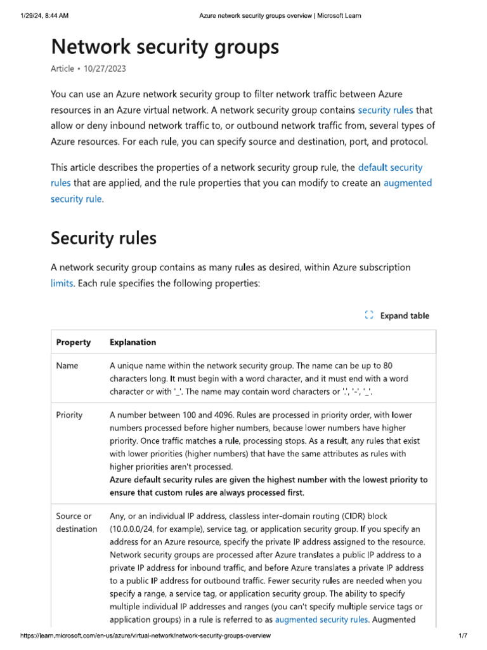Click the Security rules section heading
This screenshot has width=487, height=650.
pyautogui.click(x=103, y=238)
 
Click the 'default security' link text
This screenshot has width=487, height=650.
pyautogui.click(x=390, y=168)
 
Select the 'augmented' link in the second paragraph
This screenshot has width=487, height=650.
pyautogui.click(x=408, y=183)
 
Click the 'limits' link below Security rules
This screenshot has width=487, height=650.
pyautogui.click(x=62, y=283)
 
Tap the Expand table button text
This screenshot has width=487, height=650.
pyautogui.click(x=405, y=315)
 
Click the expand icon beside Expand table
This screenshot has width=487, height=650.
pyautogui.click(x=369, y=315)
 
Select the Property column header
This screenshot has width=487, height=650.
pyautogui.click(x=74, y=342)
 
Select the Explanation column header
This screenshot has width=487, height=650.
pyautogui.click(x=133, y=342)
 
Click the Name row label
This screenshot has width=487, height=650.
pyautogui.click(x=67, y=366)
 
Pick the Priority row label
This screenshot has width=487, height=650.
pyautogui.click(x=69, y=415)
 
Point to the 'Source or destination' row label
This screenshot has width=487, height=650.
pyautogui.click(x=76, y=522)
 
